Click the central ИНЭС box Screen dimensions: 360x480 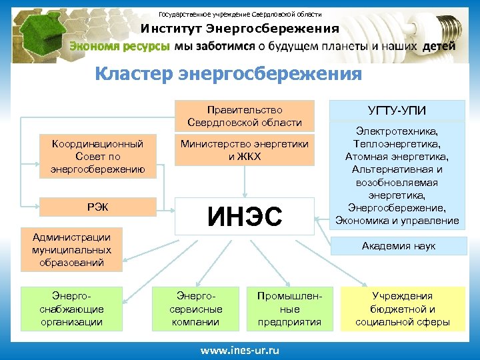tap(244, 215)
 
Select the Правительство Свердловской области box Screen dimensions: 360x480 tap(244, 116)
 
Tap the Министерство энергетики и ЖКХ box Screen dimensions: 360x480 tap(244, 151)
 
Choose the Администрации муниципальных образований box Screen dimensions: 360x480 tap(71, 249)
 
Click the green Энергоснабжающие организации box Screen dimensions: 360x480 tap(71, 309)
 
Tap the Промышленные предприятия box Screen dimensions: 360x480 tap(289, 309)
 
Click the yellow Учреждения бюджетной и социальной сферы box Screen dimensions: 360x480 tap(402, 309)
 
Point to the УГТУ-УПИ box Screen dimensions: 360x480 tap(397, 110)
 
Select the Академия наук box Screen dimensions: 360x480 tap(398, 246)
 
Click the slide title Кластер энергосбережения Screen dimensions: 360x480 tap(228, 73)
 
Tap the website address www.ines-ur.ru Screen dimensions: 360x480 tap(240, 350)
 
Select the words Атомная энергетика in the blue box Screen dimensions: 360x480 tap(397, 157)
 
